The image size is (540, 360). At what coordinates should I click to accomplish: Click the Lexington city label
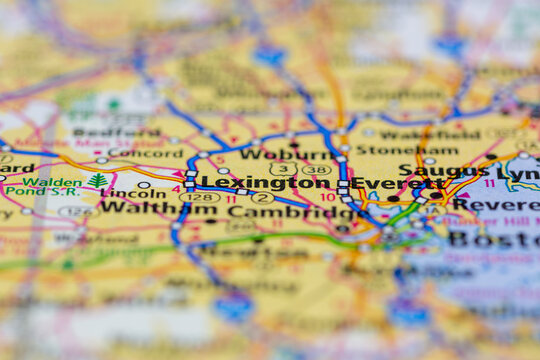(x=267, y=183)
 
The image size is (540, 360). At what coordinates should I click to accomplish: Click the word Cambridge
(x=284, y=211)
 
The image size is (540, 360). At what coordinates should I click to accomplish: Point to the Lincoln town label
(x=134, y=193)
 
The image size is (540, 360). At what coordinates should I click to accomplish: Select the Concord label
(x=146, y=153)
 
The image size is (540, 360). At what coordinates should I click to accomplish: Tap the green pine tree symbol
(x=98, y=181)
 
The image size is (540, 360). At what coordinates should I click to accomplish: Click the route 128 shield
(x=199, y=197)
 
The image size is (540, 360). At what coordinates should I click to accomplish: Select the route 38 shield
(x=317, y=170)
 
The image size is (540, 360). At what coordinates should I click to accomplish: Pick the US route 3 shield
(x=283, y=169)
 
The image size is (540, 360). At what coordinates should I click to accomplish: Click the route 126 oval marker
(x=76, y=212)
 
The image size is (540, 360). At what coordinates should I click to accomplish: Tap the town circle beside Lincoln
(x=144, y=185)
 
